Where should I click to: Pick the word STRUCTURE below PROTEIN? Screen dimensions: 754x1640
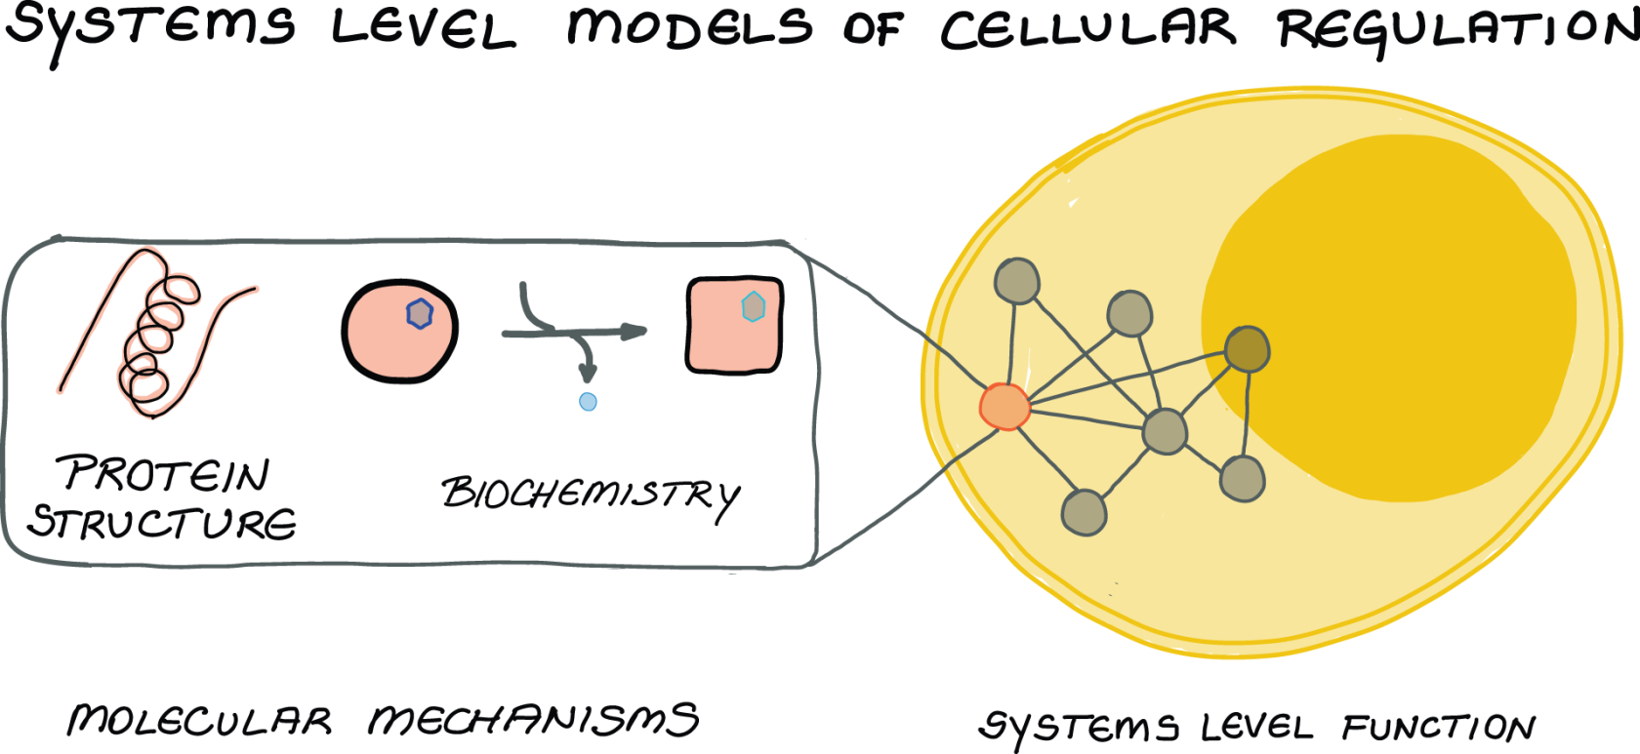(x=162, y=523)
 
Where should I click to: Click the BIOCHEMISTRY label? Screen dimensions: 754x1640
(x=590, y=496)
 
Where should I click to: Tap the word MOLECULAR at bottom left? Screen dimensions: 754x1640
(x=199, y=721)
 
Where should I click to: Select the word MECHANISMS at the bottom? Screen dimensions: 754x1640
(x=533, y=721)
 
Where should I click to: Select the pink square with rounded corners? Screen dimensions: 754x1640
(x=734, y=326)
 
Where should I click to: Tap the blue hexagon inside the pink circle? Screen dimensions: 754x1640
(x=420, y=313)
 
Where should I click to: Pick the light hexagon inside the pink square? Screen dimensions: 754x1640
(x=753, y=306)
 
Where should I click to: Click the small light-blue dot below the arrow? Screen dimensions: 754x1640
(x=588, y=401)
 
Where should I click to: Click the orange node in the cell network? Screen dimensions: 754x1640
(x=1004, y=407)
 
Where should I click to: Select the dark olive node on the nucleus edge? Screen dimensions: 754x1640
(x=1247, y=349)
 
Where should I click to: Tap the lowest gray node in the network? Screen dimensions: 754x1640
(x=1084, y=512)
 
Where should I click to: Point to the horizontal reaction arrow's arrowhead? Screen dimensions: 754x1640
(x=635, y=332)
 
